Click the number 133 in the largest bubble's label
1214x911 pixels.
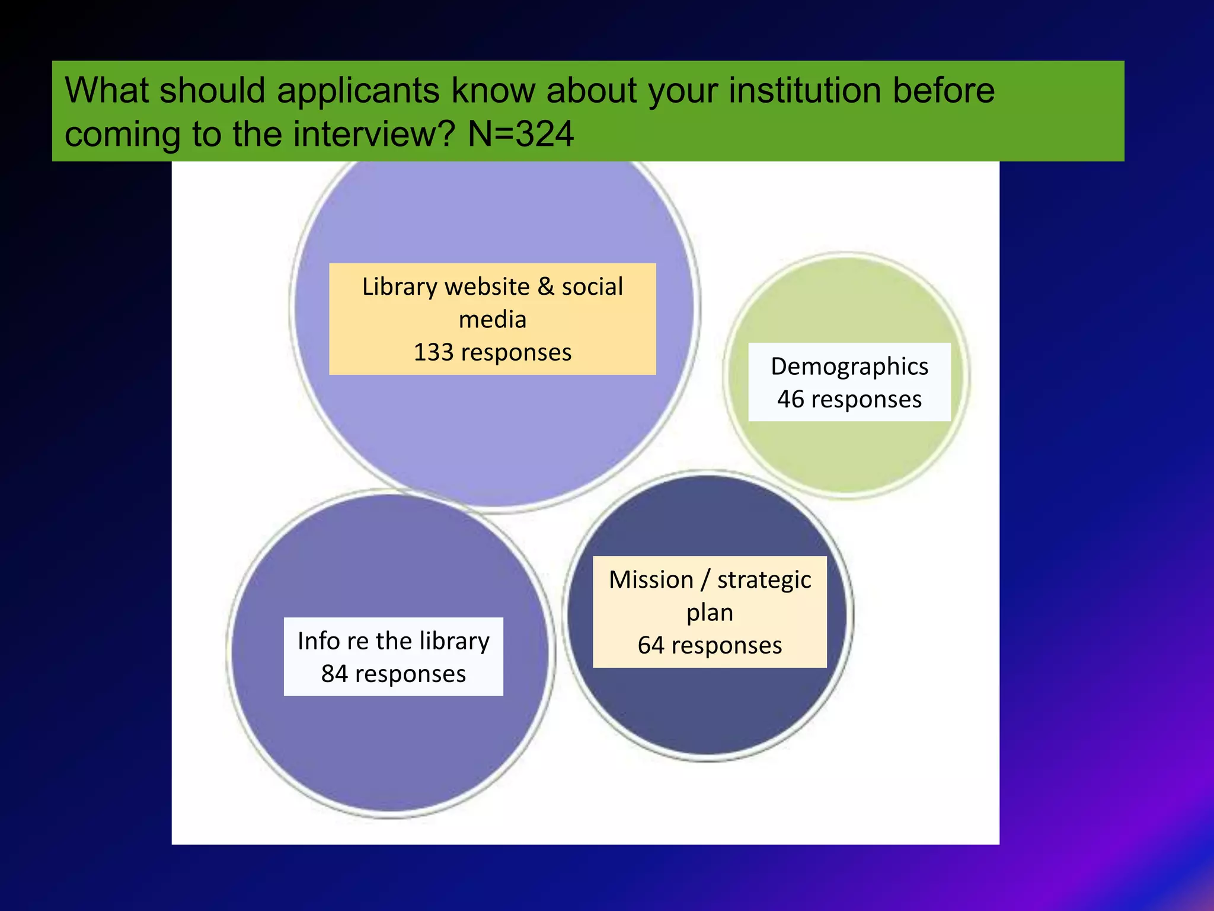pyautogui.click(x=434, y=352)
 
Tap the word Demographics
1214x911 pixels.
pyautogui.click(x=849, y=367)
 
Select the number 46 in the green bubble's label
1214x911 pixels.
pyautogui.click(x=790, y=399)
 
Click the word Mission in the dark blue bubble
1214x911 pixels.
pyautogui.click(x=650, y=579)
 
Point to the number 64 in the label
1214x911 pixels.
pyautogui.click(x=651, y=645)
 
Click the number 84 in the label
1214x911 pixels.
pyautogui.click(x=334, y=674)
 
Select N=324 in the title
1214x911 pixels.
pyautogui.click(x=520, y=134)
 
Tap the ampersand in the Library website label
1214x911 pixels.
pyautogui.click(x=545, y=286)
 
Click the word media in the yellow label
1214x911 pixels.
pyautogui.click(x=492, y=320)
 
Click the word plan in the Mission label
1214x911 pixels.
pyautogui.click(x=710, y=613)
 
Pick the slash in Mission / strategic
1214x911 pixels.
pyautogui.click(x=705, y=580)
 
